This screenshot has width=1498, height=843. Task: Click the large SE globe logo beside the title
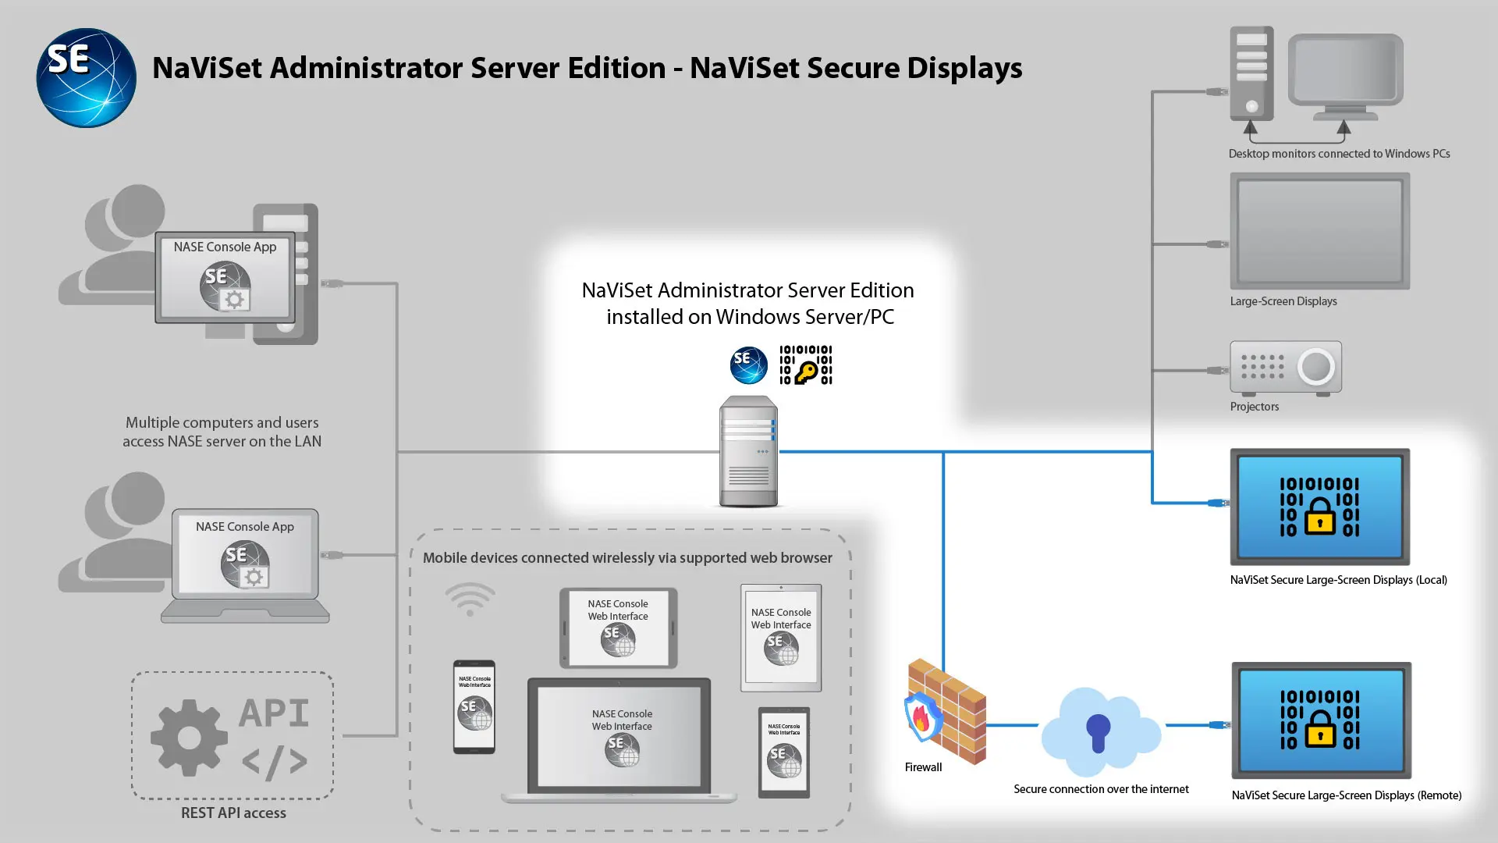pos(86,78)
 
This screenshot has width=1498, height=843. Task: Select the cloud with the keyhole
pos(1099,731)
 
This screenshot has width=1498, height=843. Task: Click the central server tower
pos(748,452)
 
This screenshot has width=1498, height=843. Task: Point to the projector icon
pos(1285,368)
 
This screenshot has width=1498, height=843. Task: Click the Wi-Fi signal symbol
pos(470,599)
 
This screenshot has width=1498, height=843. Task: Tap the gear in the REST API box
pos(189,738)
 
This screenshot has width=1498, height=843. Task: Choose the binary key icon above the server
pos(806,365)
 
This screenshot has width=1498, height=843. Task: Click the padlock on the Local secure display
pos(1319,516)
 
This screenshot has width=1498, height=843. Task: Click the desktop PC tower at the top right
pos(1251,73)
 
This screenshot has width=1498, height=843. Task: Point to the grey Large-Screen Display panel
pos(1319,231)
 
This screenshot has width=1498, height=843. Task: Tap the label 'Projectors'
pos(1254,407)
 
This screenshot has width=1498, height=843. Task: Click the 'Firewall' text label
pos(923,767)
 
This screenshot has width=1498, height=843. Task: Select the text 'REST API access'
pos(233,813)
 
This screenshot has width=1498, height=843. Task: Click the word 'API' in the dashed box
pos(274,713)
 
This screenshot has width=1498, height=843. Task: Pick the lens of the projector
pos(1316,366)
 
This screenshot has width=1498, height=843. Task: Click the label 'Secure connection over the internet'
pos(1101,789)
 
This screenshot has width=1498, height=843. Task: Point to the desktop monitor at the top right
pos(1345,72)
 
